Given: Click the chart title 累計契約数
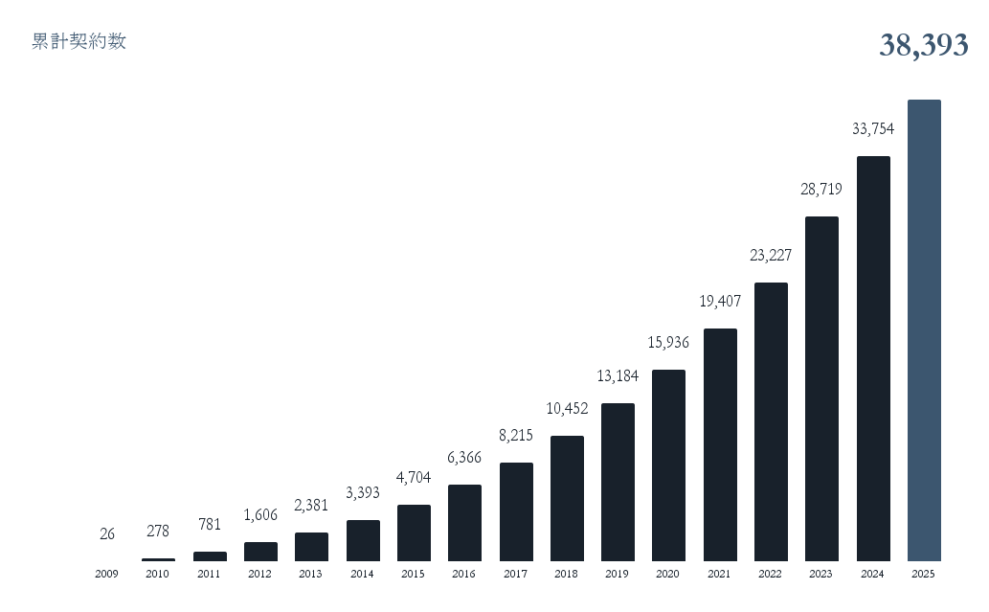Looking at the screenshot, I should [79, 41].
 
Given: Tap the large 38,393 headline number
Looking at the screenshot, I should [923, 45].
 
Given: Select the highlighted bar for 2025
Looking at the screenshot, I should [924, 329].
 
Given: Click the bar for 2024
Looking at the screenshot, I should [873, 358].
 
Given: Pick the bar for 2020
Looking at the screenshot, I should [668, 465].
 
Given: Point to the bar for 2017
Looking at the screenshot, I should [516, 511].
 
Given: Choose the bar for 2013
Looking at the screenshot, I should [311, 546].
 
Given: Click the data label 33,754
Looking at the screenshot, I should [873, 128].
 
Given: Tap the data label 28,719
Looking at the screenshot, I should [821, 189].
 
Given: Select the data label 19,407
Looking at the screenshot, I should [720, 301].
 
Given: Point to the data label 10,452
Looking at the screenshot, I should [567, 408].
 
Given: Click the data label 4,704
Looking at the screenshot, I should [414, 477].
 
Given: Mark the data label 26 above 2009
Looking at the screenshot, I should [107, 533].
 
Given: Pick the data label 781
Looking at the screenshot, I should [209, 524].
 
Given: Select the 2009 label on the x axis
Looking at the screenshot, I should [106, 574].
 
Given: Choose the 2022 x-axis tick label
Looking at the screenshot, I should [771, 574].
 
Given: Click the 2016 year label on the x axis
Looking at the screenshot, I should [464, 574].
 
